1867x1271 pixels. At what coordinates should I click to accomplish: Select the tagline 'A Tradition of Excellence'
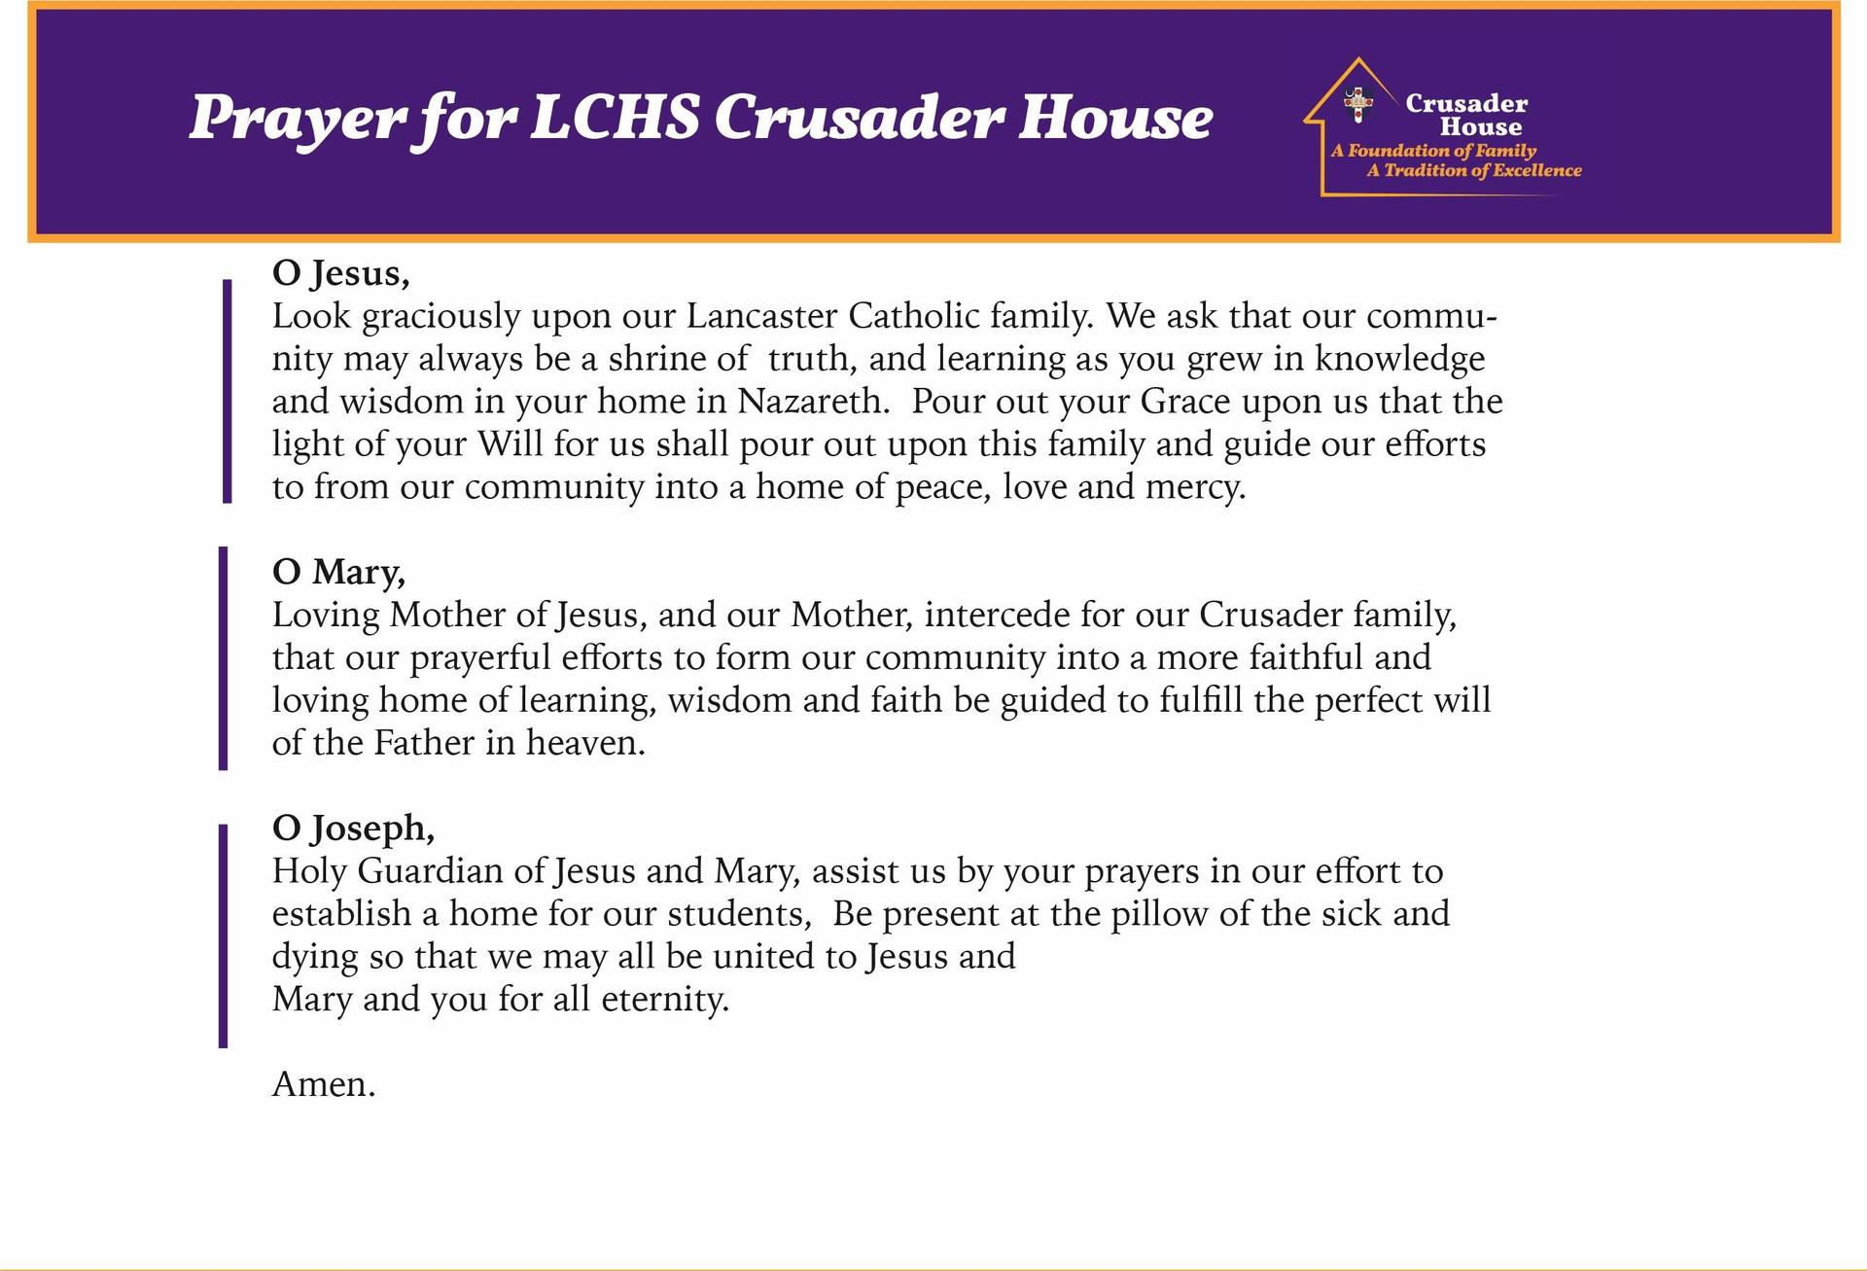coord(1474,170)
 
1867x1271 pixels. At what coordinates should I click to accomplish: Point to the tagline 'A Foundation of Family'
coord(1434,151)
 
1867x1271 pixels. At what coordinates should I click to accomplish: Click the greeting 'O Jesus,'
coord(340,273)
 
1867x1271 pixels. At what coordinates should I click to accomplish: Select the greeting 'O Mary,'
coord(338,572)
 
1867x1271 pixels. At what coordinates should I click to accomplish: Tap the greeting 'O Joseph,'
coord(353,828)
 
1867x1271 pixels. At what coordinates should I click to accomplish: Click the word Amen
coord(323,1083)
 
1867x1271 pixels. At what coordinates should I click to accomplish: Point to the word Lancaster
coord(761,316)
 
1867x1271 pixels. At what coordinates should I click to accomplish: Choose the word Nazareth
coord(813,402)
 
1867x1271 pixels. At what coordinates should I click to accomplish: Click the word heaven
coord(585,743)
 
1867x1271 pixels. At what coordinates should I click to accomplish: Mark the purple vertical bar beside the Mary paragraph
coord(224,658)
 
